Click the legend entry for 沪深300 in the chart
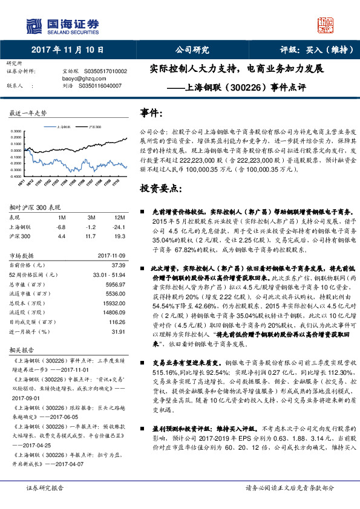coord(95,128)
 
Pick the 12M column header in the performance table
coord(119,216)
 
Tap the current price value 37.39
coord(118,265)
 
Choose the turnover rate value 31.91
coord(118,331)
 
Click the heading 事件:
coord(151,113)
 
